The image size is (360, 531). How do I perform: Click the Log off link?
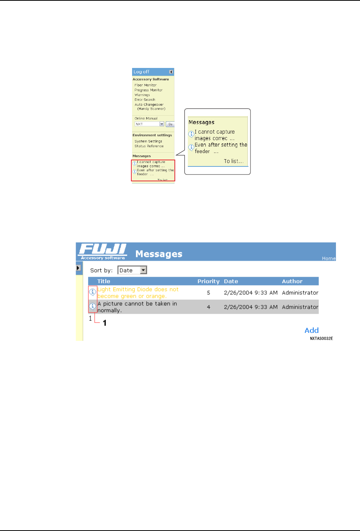coord(141,72)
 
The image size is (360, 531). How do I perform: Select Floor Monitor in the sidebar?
coord(145,85)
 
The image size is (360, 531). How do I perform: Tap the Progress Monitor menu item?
coord(149,90)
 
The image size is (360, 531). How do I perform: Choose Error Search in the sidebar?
coord(145,100)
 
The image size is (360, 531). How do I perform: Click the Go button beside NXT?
coord(170,124)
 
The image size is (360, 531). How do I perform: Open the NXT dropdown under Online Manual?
coord(161,124)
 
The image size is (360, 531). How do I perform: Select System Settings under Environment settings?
coord(148,141)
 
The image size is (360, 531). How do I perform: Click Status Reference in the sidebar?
coord(149,146)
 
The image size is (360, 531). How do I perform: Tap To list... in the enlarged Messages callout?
coord(234,161)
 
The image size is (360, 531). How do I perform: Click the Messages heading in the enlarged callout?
coord(202,122)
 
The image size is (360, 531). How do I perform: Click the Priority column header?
coord(208,281)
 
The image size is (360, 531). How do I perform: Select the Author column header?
coord(292,281)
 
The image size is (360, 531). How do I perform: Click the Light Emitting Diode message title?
coord(137,293)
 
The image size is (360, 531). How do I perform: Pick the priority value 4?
coord(208,307)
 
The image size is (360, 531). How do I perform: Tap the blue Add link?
coord(312,331)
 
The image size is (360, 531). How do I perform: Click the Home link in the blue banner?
coord(328,258)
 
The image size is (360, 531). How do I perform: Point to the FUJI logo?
coord(102,250)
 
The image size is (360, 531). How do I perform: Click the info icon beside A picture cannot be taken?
coord(92,306)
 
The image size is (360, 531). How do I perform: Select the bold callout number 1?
coord(105,323)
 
